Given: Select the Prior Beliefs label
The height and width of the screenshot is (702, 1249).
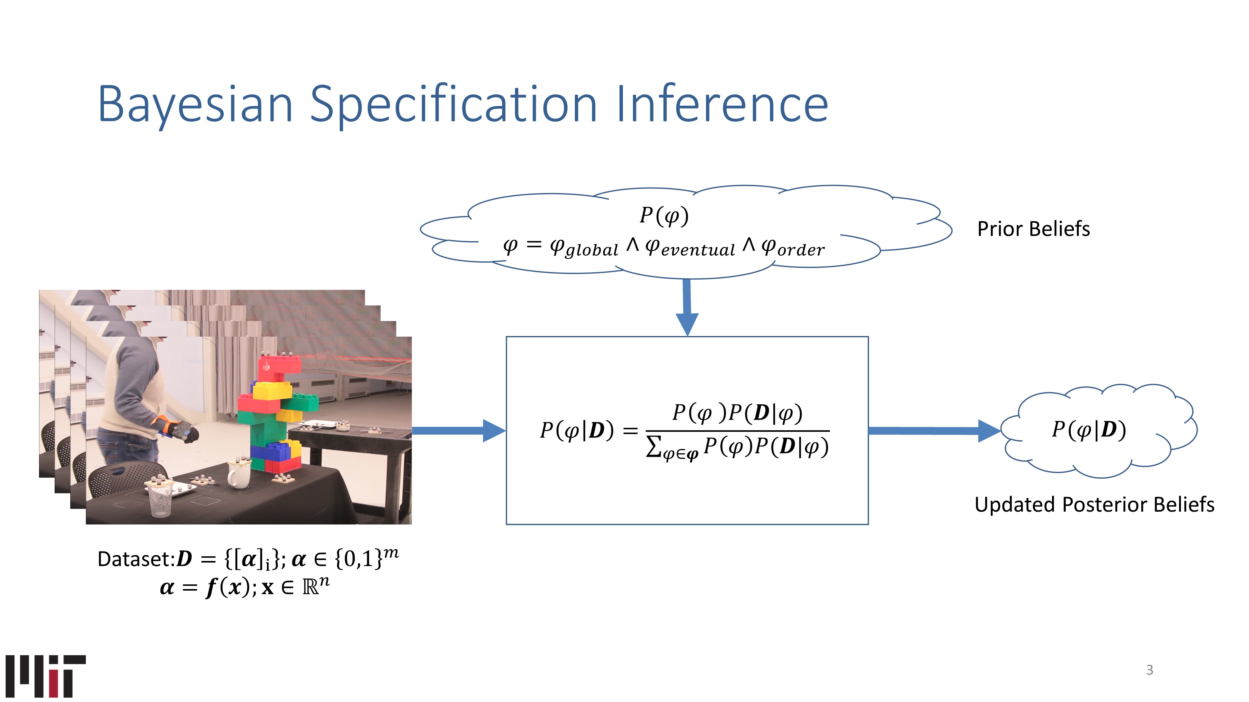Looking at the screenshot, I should (1033, 229).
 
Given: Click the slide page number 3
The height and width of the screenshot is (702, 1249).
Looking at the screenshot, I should (1149, 670).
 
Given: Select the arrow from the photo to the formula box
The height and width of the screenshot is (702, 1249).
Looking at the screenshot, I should (458, 431).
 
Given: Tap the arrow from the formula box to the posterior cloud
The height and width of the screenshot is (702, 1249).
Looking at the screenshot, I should (933, 431).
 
